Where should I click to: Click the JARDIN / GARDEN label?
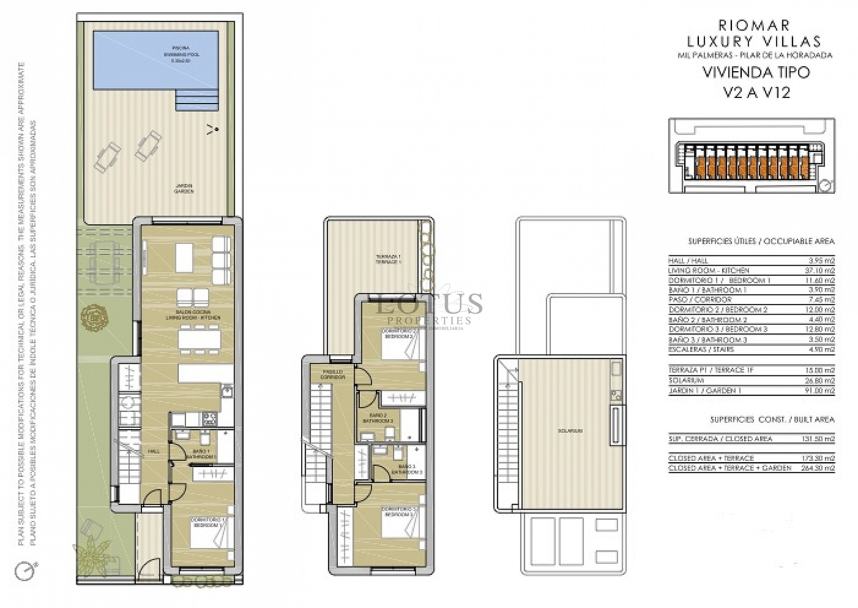coord(184,188)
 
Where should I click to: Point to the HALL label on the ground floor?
coord(154,451)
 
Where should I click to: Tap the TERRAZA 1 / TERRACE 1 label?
coord(388,259)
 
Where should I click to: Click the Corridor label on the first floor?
coord(333,374)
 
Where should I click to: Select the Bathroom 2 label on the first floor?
coord(378,418)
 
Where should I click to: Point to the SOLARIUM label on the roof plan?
coord(570,431)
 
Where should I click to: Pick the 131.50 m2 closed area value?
coord(821,439)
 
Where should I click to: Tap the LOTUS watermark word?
coord(429,304)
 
